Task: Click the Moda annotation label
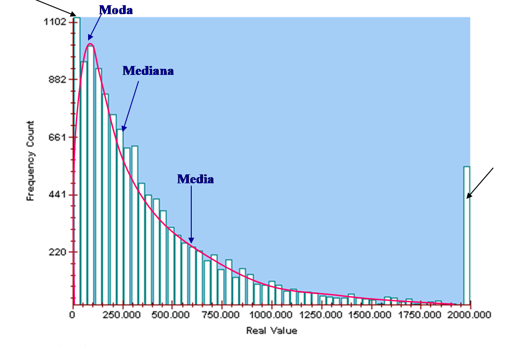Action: point(116,10)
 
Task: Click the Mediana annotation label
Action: point(148,71)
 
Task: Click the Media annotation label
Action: point(195,179)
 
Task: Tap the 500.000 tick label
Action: point(172,315)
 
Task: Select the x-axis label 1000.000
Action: point(272,315)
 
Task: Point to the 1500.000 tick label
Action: point(372,315)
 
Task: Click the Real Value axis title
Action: point(271,331)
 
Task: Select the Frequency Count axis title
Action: point(31,161)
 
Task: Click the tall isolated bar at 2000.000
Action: point(466,236)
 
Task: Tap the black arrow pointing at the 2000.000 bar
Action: point(480,183)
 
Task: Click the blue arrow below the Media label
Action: point(191,214)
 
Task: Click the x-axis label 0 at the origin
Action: point(73,315)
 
